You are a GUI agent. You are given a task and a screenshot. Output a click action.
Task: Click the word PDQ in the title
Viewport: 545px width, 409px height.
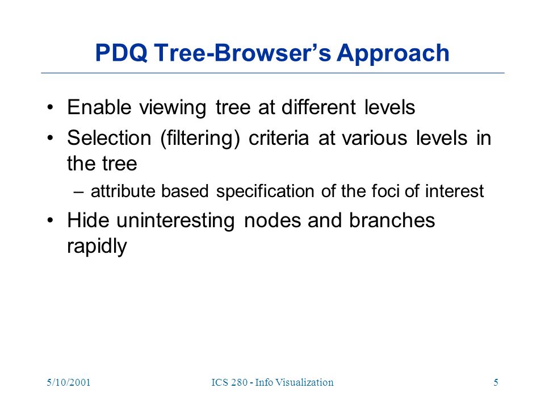(x=121, y=53)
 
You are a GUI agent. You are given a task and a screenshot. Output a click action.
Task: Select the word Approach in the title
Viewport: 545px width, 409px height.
(x=393, y=55)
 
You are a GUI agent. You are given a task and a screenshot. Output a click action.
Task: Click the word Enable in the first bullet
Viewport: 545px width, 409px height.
(x=99, y=107)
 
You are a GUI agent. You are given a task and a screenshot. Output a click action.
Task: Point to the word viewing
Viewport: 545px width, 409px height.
(x=173, y=108)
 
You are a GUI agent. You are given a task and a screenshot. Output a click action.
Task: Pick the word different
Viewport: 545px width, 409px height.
(x=318, y=107)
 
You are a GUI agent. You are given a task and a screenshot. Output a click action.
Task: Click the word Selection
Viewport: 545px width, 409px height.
(x=109, y=137)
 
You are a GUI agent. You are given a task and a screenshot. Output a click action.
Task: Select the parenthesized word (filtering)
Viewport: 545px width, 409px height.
(x=200, y=139)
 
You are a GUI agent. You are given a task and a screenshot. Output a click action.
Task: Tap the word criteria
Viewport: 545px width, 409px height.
(x=279, y=138)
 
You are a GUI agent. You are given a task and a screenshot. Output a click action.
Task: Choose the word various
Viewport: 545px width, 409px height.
(x=375, y=138)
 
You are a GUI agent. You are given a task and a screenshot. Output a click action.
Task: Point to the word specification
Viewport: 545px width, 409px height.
(x=265, y=191)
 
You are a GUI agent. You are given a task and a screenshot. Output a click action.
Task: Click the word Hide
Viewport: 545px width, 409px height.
(x=89, y=220)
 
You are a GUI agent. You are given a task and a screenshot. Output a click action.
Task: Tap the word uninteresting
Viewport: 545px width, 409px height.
(x=175, y=222)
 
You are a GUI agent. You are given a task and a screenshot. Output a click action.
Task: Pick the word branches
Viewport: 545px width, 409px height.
(x=392, y=220)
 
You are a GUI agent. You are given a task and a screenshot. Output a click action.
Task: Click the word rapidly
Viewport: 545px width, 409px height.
(x=97, y=247)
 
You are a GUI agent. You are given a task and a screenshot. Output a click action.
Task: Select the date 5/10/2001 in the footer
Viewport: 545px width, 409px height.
(x=69, y=382)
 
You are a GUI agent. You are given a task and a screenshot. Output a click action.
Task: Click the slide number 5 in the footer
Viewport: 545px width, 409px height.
(x=496, y=382)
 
